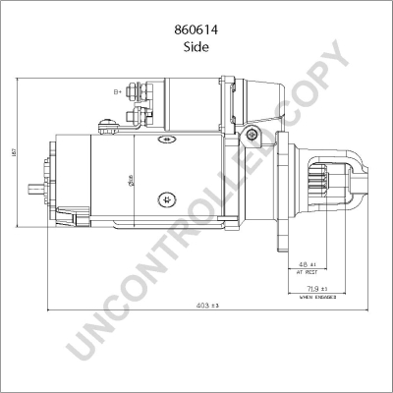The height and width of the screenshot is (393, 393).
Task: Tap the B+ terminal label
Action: pos(119,91)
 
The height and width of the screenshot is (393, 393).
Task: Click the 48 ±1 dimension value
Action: pos(306,264)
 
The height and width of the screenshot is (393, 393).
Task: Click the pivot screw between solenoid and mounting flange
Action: pos(253,134)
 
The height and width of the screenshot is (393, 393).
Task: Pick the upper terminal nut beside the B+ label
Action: pos(138,94)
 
